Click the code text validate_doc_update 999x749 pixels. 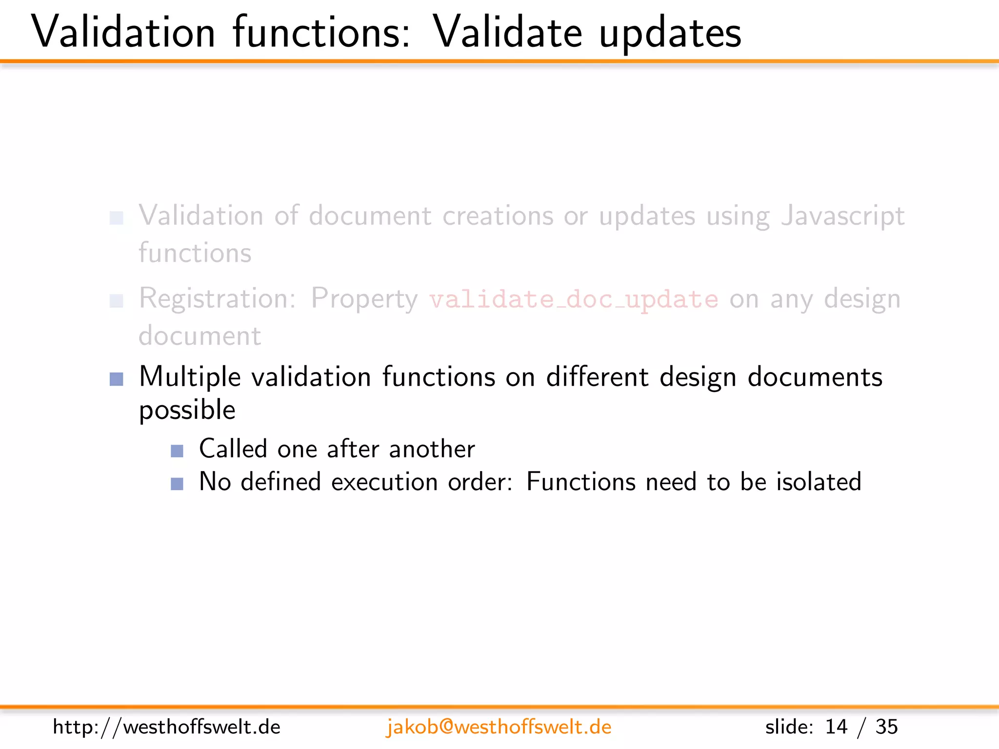574,299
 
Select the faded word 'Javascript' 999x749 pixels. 842,216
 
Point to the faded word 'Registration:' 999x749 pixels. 218,298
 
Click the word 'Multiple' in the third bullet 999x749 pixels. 190,377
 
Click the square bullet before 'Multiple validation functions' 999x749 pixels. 117,379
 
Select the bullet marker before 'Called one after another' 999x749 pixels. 177,451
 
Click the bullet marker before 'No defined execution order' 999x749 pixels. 177,484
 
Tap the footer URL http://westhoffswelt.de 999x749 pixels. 166,727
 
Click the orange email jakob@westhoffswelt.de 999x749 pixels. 499,727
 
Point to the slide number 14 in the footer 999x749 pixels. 836,727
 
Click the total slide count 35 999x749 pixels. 886,727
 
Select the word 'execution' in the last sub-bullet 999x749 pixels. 384,482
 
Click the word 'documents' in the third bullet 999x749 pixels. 815,377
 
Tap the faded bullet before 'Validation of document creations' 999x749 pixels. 117,218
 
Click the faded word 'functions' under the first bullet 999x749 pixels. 195,253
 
